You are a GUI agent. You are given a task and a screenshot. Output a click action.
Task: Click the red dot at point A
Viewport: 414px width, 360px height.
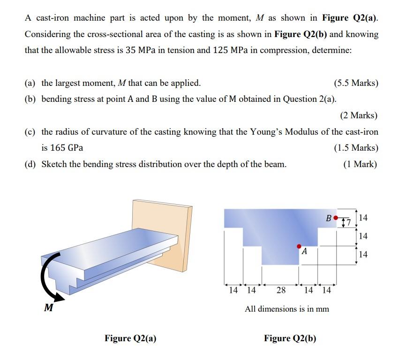point(299,245)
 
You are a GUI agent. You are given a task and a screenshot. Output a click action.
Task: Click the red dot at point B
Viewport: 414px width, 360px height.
point(335,218)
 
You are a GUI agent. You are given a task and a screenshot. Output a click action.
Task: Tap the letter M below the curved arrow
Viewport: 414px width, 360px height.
point(47,308)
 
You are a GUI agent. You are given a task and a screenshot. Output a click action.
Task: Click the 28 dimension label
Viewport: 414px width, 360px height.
point(281,290)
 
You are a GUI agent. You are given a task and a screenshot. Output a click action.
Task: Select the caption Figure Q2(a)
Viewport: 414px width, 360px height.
point(130,338)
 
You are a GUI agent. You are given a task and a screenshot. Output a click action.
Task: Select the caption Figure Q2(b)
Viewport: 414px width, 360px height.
point(290,338)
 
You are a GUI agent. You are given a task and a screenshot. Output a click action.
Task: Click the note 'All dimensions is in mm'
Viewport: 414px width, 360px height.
point(287,309)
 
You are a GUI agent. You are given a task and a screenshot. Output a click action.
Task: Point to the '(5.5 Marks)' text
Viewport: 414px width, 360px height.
point(356,83)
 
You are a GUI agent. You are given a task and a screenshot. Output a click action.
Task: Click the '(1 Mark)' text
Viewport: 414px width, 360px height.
point(360,164)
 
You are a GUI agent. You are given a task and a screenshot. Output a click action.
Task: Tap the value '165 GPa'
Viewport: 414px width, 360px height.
point(62,148)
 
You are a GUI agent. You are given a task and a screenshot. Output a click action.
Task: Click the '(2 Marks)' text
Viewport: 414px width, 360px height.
point(358,115)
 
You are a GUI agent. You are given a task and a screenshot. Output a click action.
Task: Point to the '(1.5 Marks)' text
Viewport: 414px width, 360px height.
point(356,148)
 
